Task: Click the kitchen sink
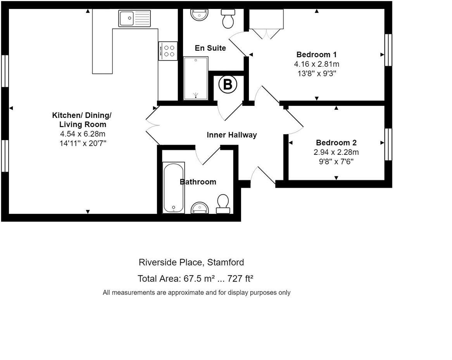pyautogui.click(x=135, y=18)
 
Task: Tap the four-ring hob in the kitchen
pyautogui.click(x=168, y=51)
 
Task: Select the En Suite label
pyautogui.click(x=210, y=48)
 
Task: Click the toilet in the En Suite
pyautogui.click(x=228, y=19)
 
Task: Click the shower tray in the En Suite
pyautogui.click(x=195, y=78)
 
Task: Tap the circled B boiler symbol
pyautogui.click(x=228, y=85)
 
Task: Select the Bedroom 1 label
pyautogui.click(x=316, y=54)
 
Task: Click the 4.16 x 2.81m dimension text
pyautogui.click(x=316, y=64)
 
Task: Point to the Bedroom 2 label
pyautogui.click(x=336, y=142)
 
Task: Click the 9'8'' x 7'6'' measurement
pyautogui.click(x=336, y=161)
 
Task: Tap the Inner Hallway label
pyautogui.click(x=231, y=135)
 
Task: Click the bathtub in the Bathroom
pyautogui.click(x=173, y=187)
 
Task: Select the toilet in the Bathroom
pyautogui.click(x=223, y=204)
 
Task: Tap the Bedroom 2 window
pyautogui.click(x=388, y=144)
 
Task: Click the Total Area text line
pyautogui.click(x=195, y=279)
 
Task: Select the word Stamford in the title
pyautogui.click(x=226, y=262)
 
